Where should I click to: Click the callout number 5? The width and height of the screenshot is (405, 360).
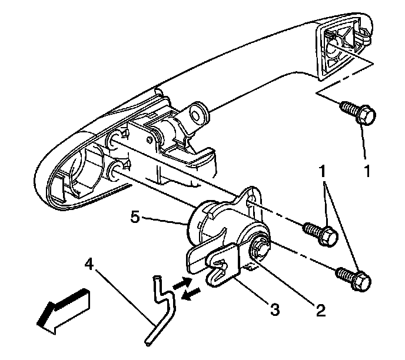click(x=135, y=218)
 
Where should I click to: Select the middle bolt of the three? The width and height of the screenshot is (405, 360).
click(x=318, y=232)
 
